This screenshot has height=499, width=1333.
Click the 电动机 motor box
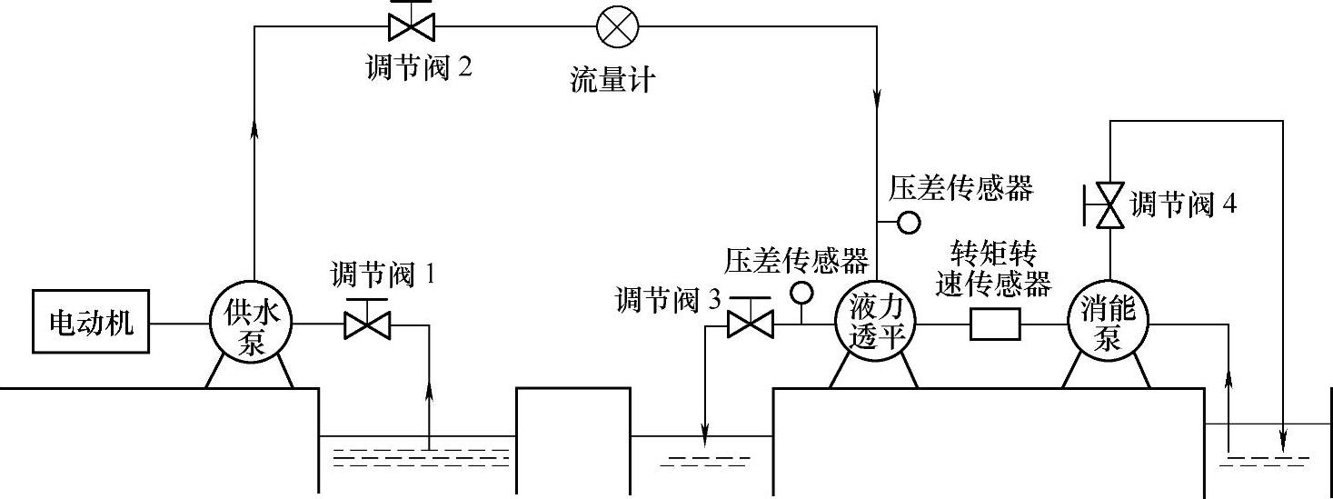[91, 323]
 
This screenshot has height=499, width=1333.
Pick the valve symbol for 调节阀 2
[410, 25]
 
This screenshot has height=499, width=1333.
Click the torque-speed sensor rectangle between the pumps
[995, 324]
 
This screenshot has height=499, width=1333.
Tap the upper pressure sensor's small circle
[908, 221]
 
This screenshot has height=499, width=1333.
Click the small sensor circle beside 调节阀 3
[801, 292]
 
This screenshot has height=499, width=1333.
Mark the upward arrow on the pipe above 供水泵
[254, 129]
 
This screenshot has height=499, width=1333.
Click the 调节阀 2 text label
[419, 68]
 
